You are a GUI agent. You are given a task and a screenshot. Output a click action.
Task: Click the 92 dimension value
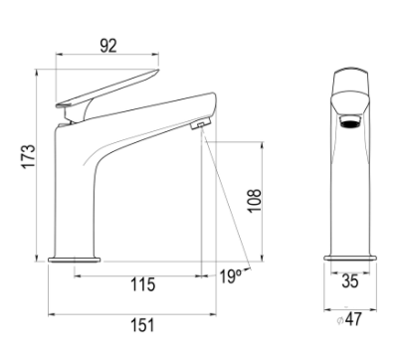tap(108, 46)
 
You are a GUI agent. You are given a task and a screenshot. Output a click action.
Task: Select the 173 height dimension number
tap(29, 156)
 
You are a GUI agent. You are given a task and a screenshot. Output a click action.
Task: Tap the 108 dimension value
tap(255, 201)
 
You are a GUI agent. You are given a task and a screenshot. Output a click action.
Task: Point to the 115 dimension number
tap(142, 284)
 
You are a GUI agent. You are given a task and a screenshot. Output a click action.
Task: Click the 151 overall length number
tap(142, 325)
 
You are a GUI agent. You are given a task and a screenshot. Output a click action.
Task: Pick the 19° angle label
tap(231, 275)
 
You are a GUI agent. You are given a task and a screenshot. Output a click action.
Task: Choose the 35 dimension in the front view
tap(350, 281)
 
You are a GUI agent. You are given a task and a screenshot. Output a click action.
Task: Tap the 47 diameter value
tap(353, 319)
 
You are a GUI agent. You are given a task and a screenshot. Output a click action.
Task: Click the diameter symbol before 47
tap(339, 321)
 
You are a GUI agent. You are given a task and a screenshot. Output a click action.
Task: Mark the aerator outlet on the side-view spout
tap(201, 123)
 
